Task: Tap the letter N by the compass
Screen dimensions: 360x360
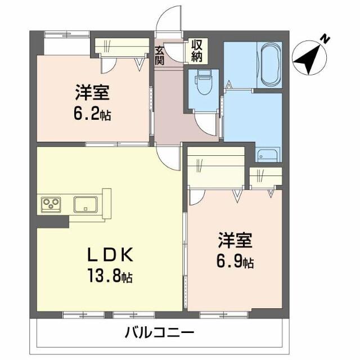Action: (325, 38)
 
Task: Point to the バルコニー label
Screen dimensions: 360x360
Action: (159, 332)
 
